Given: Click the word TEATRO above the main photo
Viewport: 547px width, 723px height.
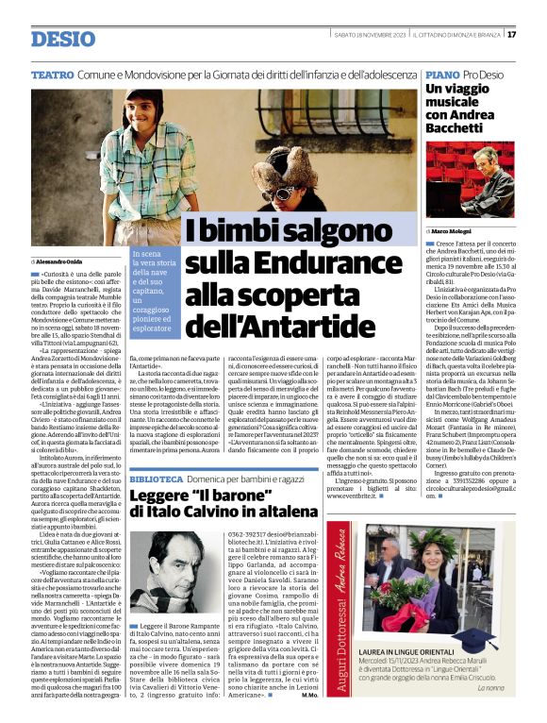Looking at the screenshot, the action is (x=53, y=74).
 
